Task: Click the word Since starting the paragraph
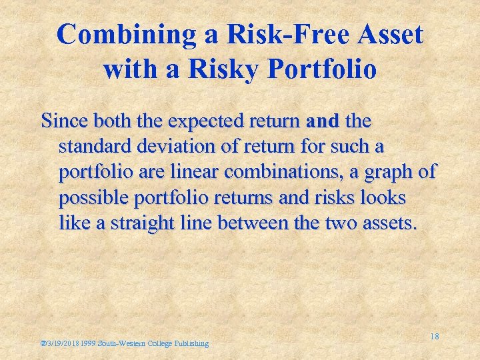[x=64, y=121]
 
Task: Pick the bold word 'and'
[x=323, y=121]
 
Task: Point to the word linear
[x=193, y=172]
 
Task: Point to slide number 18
[x=434, y=337]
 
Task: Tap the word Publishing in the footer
[x=191, y=343]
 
